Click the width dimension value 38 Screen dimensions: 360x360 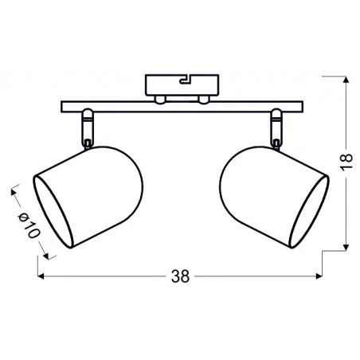coord(181,277)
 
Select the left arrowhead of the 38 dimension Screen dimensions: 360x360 coord(42,277)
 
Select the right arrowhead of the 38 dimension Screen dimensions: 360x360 coord(319,277)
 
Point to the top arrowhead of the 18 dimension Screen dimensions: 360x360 coord(347,81)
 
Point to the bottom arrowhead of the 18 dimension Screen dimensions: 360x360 coord(347,245)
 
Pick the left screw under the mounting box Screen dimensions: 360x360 coord(159,99)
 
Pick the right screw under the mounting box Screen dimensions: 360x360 coord(203,99)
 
